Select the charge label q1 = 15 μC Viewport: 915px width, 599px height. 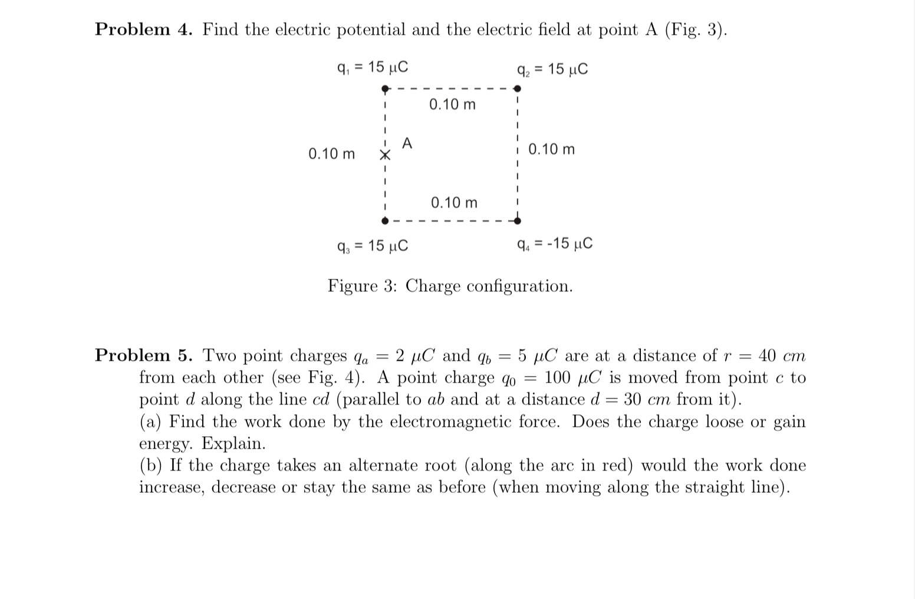point(371,68)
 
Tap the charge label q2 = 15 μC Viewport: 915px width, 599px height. point(552,70)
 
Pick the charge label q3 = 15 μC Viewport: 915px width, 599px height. point(371,245)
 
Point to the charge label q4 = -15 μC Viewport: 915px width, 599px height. point(554,243)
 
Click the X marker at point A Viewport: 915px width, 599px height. point(384,156)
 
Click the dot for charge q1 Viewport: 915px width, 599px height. point(384,90)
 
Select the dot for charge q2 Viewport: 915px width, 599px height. point(517,89)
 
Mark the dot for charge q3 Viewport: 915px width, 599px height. point(384,221)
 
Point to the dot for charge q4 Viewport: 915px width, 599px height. point(517,221)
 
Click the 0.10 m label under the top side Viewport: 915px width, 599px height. point(452,105)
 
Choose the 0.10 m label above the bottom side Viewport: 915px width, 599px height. point(454,203)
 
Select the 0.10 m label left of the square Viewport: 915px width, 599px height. point(331,154)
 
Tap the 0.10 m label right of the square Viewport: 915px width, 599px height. point(551,149)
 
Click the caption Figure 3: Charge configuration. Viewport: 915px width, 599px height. point(450,286)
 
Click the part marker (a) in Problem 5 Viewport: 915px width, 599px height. point(152,422)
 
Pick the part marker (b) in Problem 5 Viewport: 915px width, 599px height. point(152,466)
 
